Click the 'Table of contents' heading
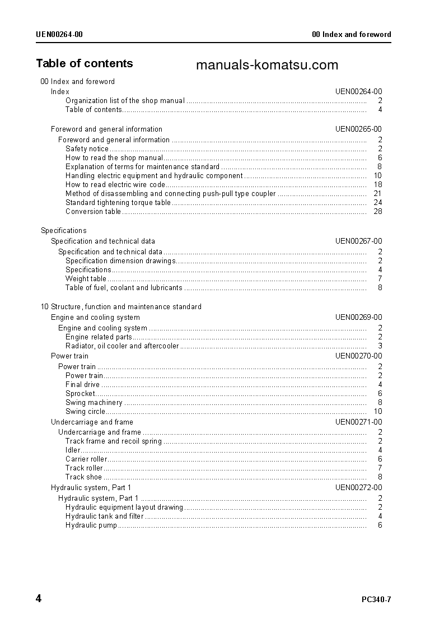pyautogui.click(x=85, y=63)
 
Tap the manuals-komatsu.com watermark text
pyautogui.click(x=267, y=65)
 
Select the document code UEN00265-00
pyautogui.click(x=358, y=129)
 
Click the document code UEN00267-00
pyautogui.click(x=358, y=241)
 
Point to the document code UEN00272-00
pyautogui.click(x=358, y=487)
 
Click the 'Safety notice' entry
pyautogui.click(x=87, y=148)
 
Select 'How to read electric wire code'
pyautogui.click(x=115, y=184)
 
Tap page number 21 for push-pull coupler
pyautogui.click(x=377, y=193)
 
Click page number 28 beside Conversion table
pyautogui.click(x=377, y=211)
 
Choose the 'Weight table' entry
pyautogui.click(x=86, y=278)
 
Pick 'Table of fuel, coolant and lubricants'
pyautogui.click(x=124, y=287)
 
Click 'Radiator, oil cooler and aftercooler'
pyautogui.click(x=122, y=346)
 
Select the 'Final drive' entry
pyautogui.click(x=82, y=384)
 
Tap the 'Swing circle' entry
pyautogui.click(x=85, y=411)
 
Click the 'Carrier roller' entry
pyautogui.click(x=86, y=459)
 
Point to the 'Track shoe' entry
pyautogui.click(x=83, y=477)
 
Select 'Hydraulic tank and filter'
pyautogui.click(x=104, y=516)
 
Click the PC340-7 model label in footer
pyautogui.click(x=376, y=599)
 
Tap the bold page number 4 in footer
pyautogui.click(x=39, y=599)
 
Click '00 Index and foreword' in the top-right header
pyautogui.click(x=351, y=34)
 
